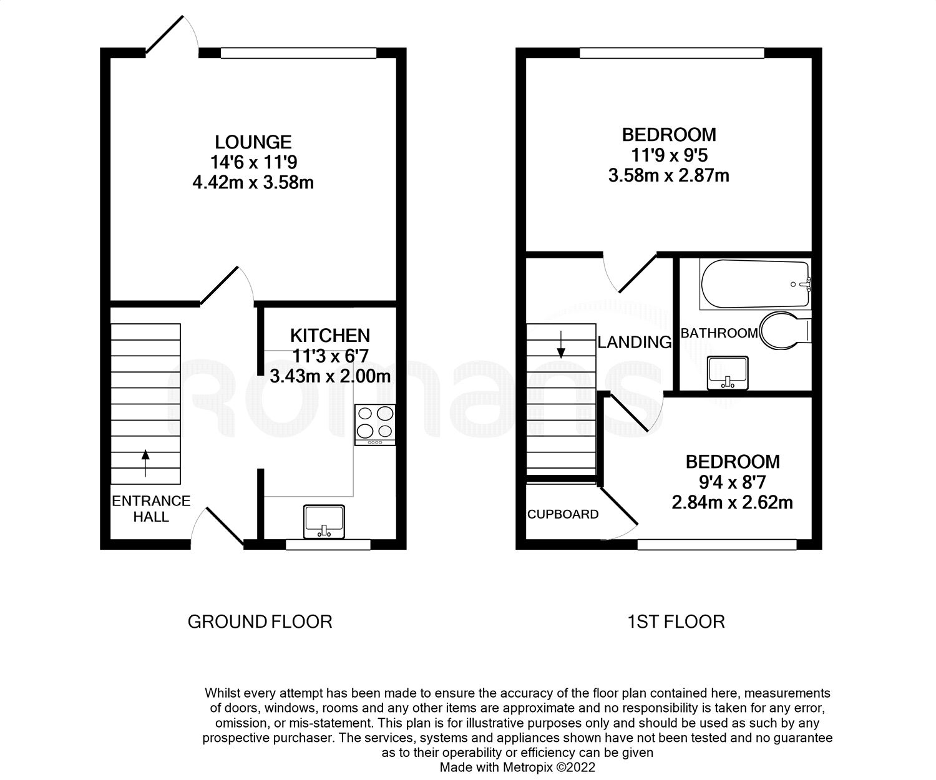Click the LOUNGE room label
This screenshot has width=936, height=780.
pyautogui.click(x=253, y=142)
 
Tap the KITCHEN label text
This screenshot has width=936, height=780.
pyautogui.click(x=330, y=336)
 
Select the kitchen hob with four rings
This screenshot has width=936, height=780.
pyautogui.click(x=375, y=424)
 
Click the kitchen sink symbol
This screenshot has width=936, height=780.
pyautogui.click(x=324, y=522)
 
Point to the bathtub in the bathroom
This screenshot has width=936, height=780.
pyautogui.click(x=755, y=284)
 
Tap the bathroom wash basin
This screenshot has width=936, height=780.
pyautogui.click(x=728, y=373)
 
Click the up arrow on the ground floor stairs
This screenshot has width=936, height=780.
pyautogui.click(x=145, y=463)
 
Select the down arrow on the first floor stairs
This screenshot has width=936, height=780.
pyautogui.click(x=561, y=344)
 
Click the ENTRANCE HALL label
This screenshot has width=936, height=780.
pyautogui.click(x=151, y=509)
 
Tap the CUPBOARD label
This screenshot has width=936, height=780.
pyautogui.click(x=563, y=514)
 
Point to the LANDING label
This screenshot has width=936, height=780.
pyautogui.click(x=635, y=342)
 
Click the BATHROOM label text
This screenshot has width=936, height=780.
pyautogui.click(x=719, y=333)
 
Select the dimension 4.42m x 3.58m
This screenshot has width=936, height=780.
pyautogui.click(x=253, y=183)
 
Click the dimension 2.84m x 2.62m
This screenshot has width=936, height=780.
pyautogui.click(x=732, y=502)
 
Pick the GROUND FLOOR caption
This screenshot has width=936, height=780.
pyautogui.click(x=260, y=622)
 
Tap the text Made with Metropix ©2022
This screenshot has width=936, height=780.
pyautogui.click(x=517, y=767)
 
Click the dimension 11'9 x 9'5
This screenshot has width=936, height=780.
pyautogui.click(x=669, y=155)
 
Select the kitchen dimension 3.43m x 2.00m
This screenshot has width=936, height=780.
pyautogui.click(x=330, y=376)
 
